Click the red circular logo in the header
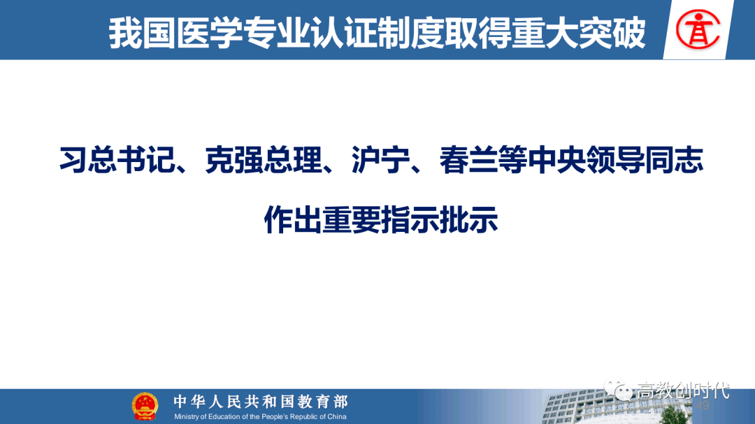click(698, 30)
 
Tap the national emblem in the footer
click(145, 407)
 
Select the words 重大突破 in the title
click(578, 33)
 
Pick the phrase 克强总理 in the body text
click(264, 160)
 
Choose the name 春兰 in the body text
click(468, 160)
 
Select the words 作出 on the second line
click(293, 220)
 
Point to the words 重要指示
click(380, 220)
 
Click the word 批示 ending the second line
click(468, 220)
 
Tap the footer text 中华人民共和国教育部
click(261, 402)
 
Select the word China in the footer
click(336, 417)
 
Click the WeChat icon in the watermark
click(618, 390)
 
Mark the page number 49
click(703, 406)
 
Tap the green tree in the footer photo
click(673, 415)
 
